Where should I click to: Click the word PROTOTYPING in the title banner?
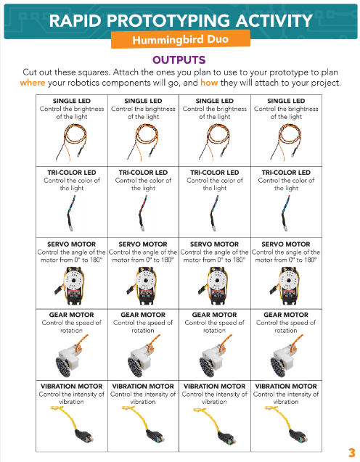(168, 21)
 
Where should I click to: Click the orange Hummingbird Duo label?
(181, 39)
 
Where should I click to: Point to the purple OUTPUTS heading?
(179, 60)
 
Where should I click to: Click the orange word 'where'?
(33, 83)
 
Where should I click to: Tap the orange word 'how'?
(209, 83)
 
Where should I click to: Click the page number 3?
(351, 453)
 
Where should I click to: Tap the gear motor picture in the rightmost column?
(285, 356)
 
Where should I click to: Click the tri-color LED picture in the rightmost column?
(285, 213)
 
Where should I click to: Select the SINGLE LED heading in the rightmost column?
(286, 101)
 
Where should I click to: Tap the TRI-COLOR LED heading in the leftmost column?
(72, 173)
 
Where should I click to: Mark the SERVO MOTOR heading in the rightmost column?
(286, 244)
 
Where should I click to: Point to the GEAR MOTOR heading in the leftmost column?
(71, 315)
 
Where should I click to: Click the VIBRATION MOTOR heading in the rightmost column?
(286, 387)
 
